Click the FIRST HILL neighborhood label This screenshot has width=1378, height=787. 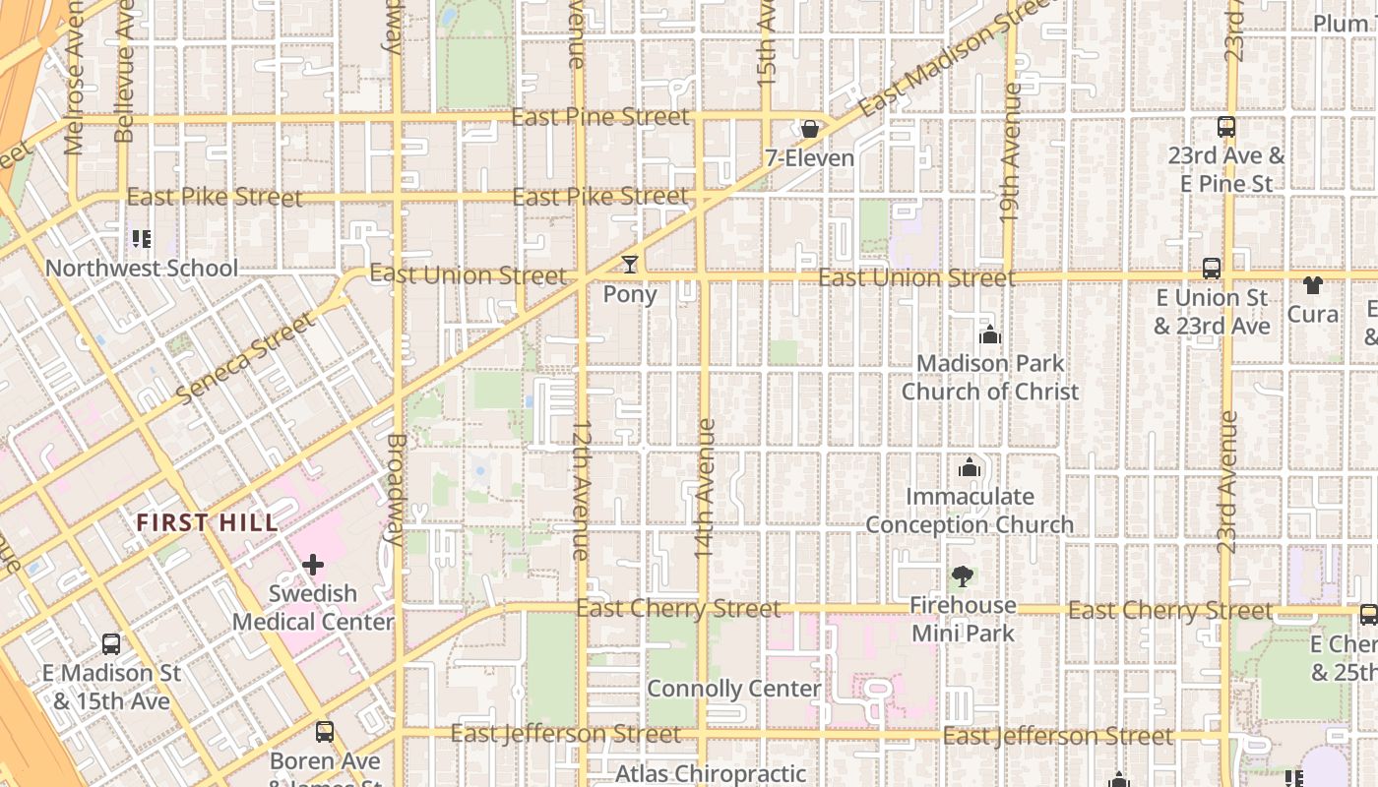pos(208,522)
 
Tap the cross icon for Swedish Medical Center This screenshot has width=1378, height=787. pos(313,565)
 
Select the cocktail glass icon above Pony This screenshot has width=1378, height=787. pos(630,265)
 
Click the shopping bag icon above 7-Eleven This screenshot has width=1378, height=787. pos(809,129)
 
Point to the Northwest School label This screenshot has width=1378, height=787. pos(142,268)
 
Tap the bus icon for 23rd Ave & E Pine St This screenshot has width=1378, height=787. pos(1226,127)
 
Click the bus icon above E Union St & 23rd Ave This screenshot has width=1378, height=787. pos(1212,269)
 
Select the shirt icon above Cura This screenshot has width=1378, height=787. pos(1313,285)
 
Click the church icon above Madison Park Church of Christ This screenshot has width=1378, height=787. pos(990,335)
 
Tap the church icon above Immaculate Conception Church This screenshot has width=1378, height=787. pos(970,467)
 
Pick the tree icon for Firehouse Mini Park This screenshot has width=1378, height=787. pos(963,576)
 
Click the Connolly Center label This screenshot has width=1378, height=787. pos(734,689)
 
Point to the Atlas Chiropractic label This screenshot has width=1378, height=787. pos(711,774)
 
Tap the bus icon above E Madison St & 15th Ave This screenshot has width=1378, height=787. pos(111,644)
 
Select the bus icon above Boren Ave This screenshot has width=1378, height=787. pos(325,732)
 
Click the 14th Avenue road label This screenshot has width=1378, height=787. pos(705,489)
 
